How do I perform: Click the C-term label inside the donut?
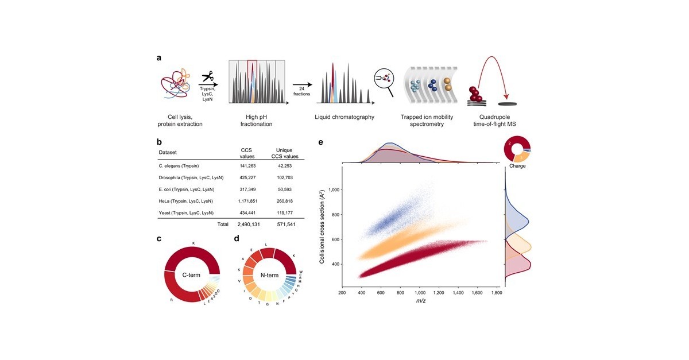(192, 275)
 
